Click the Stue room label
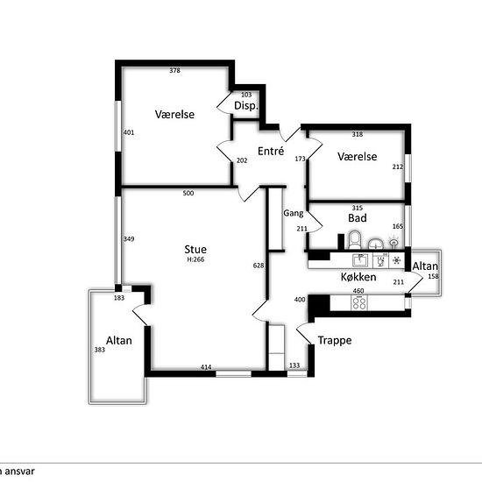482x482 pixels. point(195,249)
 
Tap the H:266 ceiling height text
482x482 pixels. point(195,259)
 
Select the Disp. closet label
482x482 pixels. point(246,106)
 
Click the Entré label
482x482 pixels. point(271,151)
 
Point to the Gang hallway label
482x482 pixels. point(294,213)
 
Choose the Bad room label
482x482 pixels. point(358,218)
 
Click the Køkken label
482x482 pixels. point(358,277)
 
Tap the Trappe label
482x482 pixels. point(335,340)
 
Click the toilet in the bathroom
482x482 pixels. point(355,240)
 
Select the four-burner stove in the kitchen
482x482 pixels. point(359,302)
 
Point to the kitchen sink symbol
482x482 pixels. point(360,260)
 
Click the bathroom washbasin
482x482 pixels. point(376,245)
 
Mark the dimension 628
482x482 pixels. point(259,266)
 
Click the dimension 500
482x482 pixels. point(188,193)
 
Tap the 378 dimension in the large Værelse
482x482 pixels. point(175,70)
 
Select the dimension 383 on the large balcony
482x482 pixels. point(100,350)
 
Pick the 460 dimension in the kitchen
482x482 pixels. point(358,291)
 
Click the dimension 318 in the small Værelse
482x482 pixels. point(358,134)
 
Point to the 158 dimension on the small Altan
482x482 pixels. point(434,276)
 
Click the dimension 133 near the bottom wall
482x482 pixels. point(294,365)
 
